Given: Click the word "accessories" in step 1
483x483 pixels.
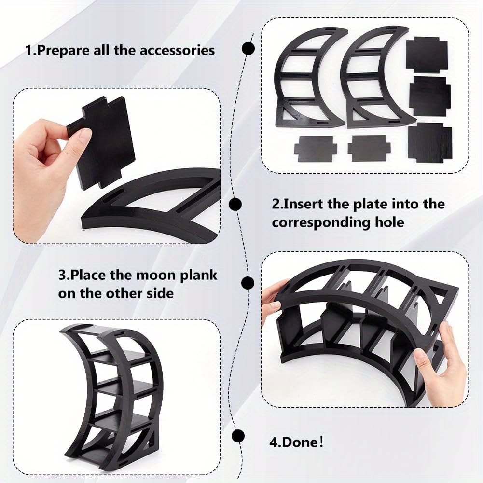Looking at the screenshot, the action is (x=177, y=51).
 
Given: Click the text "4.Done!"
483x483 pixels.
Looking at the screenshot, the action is (x=296, y=442).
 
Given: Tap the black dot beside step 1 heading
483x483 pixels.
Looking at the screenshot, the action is (x=248, y=48).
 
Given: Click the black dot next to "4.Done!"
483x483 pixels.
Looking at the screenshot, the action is (x=238, y=435).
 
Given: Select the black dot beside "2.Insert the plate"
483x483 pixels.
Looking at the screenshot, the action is (x=235, y=204).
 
